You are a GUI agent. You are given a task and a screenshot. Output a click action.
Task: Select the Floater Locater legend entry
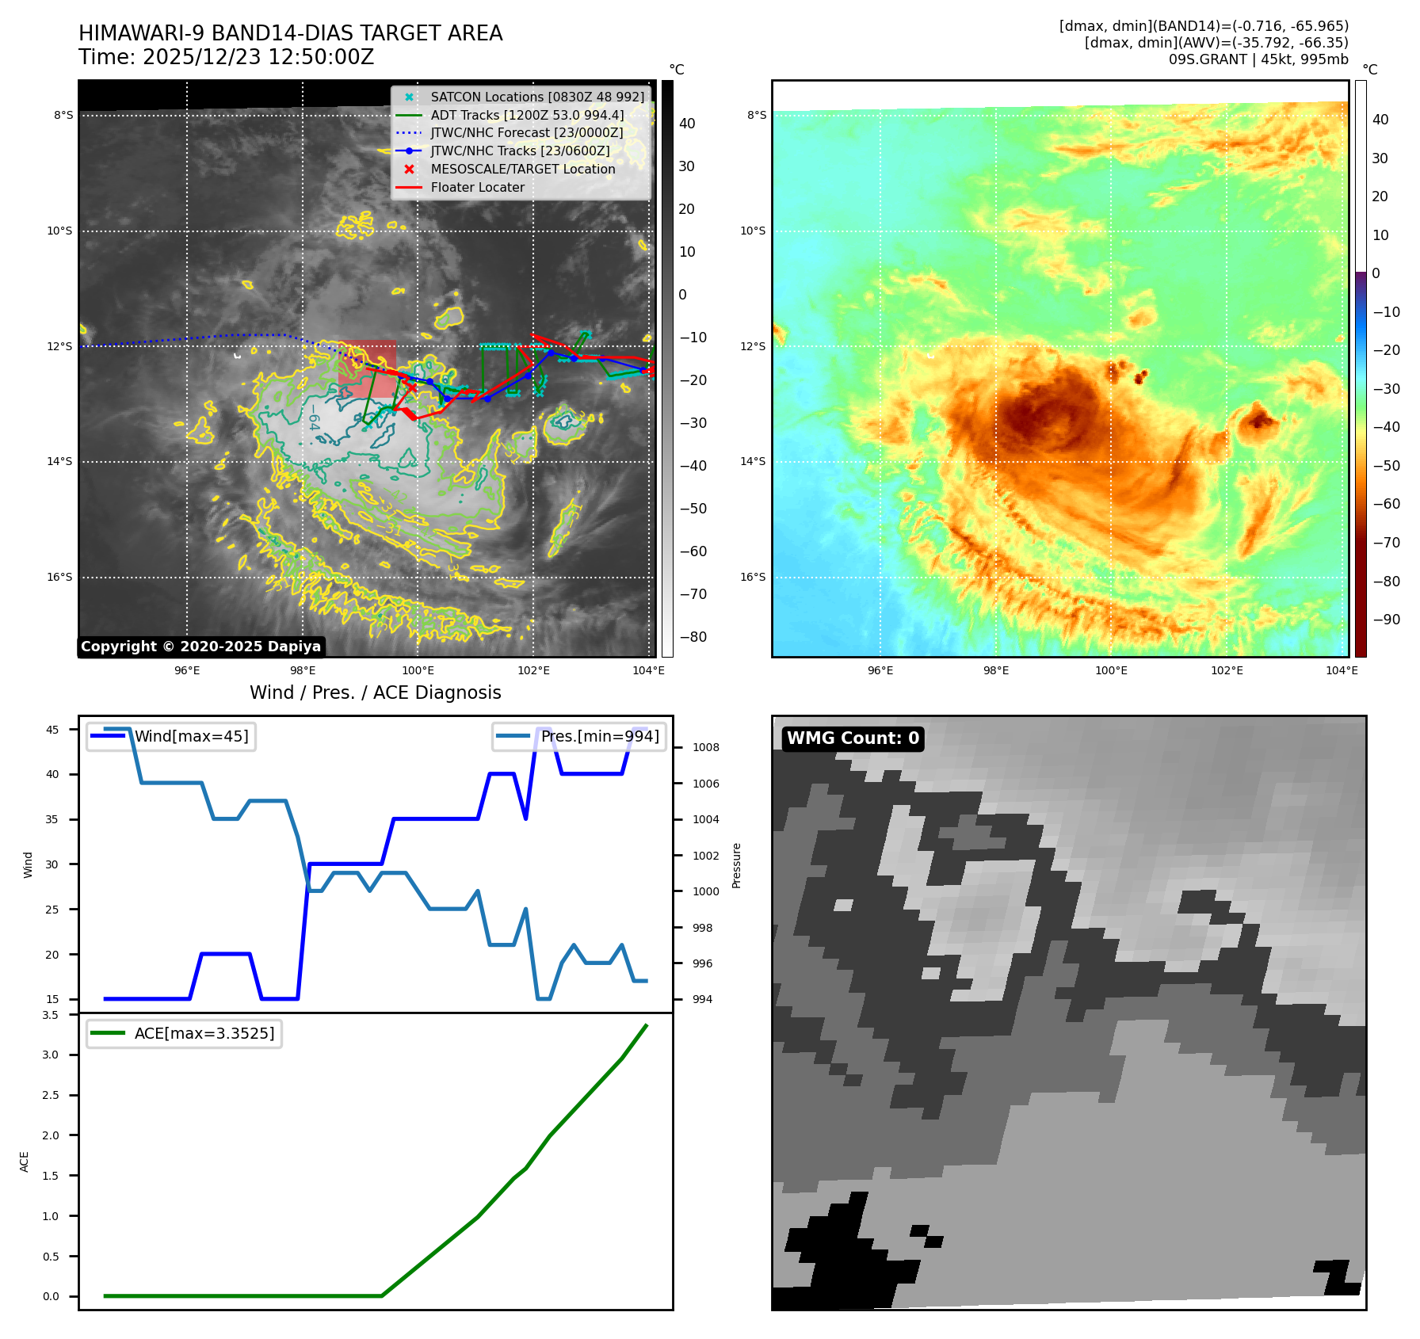pyautogui.click(x=477, y=188)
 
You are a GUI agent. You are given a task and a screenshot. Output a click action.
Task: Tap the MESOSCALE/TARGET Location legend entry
pyautogui.click(x=522, y=170)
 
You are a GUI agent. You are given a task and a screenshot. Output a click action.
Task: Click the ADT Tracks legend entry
pyautogui.click(x=527, y=115)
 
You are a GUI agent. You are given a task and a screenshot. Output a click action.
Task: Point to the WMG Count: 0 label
pyautogui.click(x=853, y=738)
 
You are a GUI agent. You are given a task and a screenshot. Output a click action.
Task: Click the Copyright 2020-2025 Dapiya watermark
pyautogui.click(x=200, y=647)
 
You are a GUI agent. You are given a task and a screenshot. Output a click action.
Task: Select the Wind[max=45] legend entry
pyautogui.click(x=191, y=736)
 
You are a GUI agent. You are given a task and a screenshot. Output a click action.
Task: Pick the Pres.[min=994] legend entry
pyautogui.click(x=599, y=736)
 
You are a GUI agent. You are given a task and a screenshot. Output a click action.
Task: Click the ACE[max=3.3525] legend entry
pyautogui.click(x=204, y=1033)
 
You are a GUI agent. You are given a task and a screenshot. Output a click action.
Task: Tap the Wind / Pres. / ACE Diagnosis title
pyautogui.click(x=375, y=693)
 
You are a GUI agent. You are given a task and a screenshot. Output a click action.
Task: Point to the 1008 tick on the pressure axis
pyautogui.click(x=705, y=747)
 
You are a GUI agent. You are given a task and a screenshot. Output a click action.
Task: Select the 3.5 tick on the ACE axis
pyautogui.click(x=50, y=1015)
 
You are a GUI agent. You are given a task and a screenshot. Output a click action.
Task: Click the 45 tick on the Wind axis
pyautogui.click(x=52, y=730)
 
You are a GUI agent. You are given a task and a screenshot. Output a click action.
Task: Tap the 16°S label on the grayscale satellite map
pyautogui.click(x=59, y=577)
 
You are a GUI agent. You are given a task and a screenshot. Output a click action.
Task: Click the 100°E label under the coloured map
pyautogui.click(x=1111, y=670)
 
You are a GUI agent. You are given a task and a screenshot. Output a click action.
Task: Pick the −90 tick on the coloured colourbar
pyautogui.click(x=1386, y=620)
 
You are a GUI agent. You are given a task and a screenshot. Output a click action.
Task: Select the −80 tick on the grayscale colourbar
pyautogui.click(x=693, y=637)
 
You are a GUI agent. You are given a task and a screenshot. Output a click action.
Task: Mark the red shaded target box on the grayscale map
pyautogui.click(x=367, y=368)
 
